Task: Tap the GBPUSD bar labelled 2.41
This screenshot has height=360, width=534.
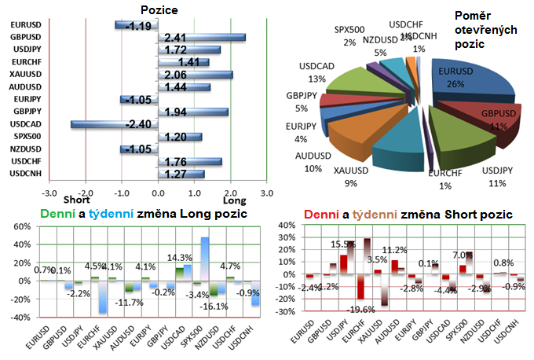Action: (202, 37)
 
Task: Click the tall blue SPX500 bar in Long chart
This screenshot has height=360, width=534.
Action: (205, 259)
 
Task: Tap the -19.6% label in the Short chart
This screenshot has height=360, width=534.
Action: (363, 310)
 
